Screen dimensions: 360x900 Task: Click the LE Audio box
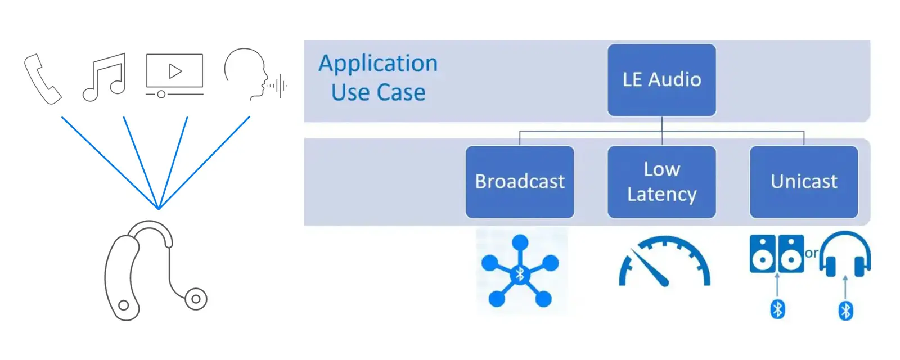pos(661,80)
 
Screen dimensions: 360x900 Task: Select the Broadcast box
pos(520,182)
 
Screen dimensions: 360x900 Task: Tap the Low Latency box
pos(661,182)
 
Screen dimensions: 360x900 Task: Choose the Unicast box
pos(804,182)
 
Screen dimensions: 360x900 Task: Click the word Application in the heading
pos(378,63)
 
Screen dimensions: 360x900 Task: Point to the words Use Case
pos(378,92)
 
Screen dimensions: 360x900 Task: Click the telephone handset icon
pos(43,79)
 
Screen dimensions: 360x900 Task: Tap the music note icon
pos(105,78)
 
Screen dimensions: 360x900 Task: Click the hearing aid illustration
pos(141,270)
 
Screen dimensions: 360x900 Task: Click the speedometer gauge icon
pos(664,262)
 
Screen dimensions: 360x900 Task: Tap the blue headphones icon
pos(845,254)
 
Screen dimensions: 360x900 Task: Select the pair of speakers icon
pos(777,254)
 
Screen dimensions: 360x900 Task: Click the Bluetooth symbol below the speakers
pos(777,309)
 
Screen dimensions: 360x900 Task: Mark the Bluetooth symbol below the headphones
pos(845,310)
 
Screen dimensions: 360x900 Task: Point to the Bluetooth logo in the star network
pos(520,274)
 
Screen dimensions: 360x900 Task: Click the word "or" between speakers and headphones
pos(811,253)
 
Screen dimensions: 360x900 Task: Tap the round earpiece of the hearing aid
pos(196,299)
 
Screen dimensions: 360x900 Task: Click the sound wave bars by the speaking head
pos(278,85)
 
